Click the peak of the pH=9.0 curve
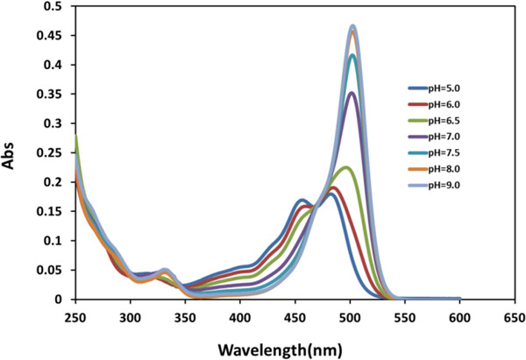[353, 26]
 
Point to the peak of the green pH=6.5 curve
[347, 167]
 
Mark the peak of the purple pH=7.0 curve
[352, 93]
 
